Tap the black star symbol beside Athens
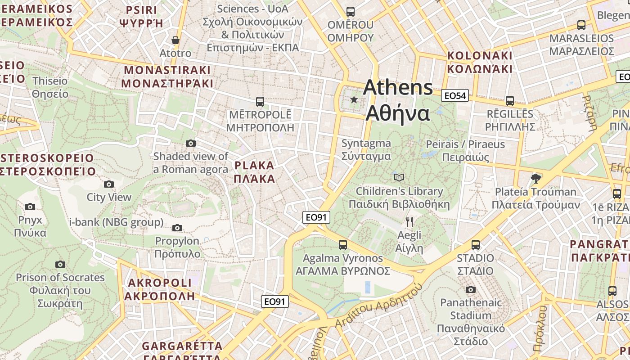354,99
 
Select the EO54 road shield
455,95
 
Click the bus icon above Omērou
351,12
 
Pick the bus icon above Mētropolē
260,101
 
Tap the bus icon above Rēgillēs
509,101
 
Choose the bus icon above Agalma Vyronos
343,245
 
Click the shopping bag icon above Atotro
175,40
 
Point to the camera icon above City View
109,184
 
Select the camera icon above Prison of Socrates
60,264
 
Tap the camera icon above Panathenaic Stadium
471,289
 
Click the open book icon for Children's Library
399,177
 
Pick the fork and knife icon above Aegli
409,221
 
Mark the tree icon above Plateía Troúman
535,178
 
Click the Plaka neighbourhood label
255,172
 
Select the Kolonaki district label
480,62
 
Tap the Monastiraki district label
167,77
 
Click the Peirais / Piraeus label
465,151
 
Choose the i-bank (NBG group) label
116,222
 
